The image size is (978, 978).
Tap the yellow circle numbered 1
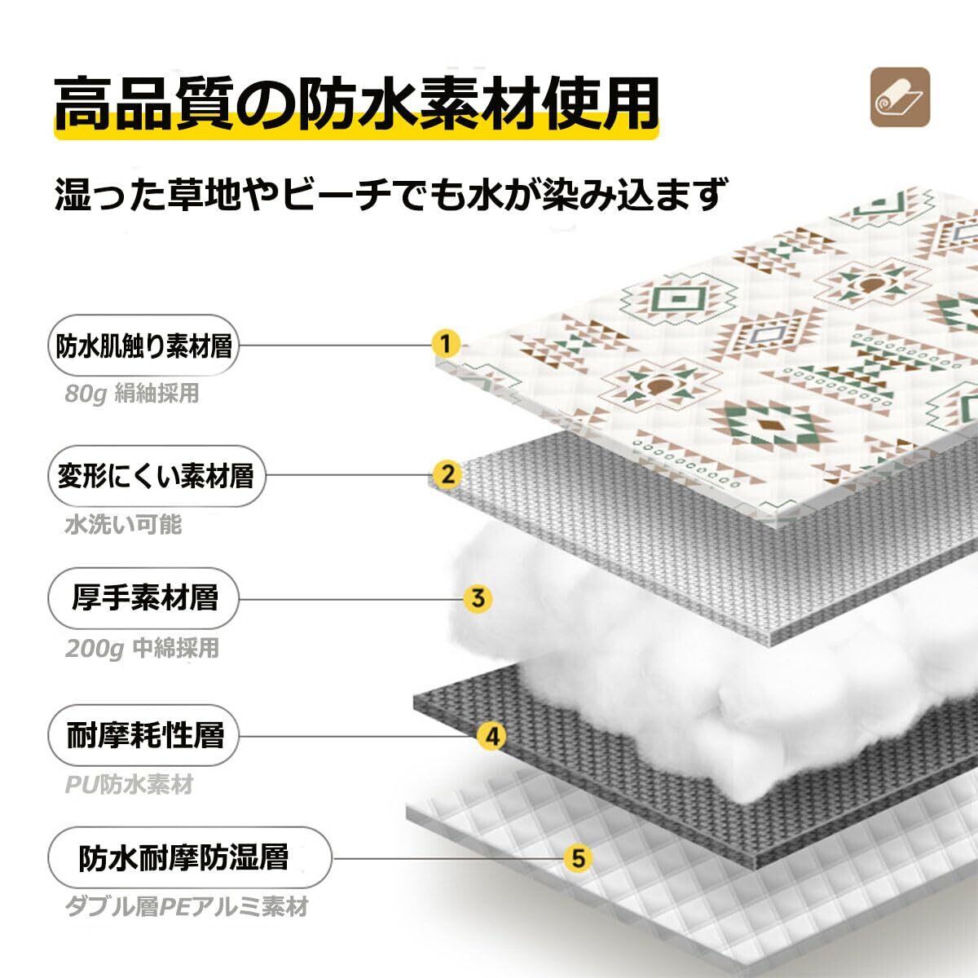[445, 343]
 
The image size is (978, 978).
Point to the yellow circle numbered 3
[478, 598]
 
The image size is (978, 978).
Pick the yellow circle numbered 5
[579, 857]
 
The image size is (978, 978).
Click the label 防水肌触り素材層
[143, 346]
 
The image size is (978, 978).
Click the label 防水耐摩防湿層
[183, 857]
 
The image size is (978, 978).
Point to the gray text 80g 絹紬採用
[132, 394]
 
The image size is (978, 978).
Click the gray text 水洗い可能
[123, 524]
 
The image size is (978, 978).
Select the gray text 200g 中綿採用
[143, 649]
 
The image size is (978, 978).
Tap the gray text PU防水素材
[129, 785]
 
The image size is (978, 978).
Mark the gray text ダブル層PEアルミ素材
[187, 907]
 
